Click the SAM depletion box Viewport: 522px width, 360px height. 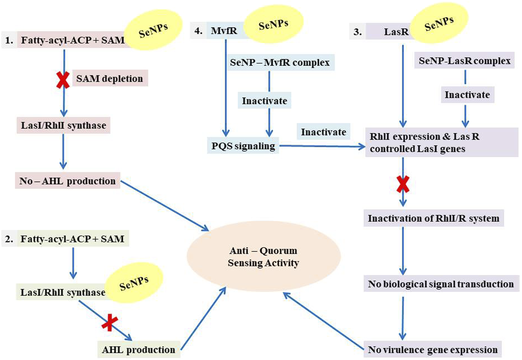pyautogui.click(x=110, y=78)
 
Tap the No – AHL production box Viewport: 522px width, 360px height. pyautogui.click(x=68, y=181)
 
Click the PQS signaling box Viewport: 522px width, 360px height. pyautogui.click(x=243, y=146)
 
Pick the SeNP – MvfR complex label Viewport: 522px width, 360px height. pyautogui.click(x=280, y=62)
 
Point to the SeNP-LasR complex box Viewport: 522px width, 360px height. pyautogui.click(x=464, y=61)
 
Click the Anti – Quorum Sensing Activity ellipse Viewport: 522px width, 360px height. pyautogui.click(x=264, y=257)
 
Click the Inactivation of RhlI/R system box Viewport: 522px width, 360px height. pyautogui.click(x=433, y=218)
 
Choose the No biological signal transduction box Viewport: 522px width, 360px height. pyautogui.click(x=441, y=284)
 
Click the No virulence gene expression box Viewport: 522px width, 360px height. pyautogui.click(x=432, y=349)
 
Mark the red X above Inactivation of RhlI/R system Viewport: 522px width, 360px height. pyautogui.click(x=403, y=184)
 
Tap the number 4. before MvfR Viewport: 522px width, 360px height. pyautogui.click(x=198, y=31)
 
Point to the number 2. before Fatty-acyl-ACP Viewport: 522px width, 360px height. pyautogui.click(x=9, y=239)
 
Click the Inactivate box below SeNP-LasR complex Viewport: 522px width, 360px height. pyautogui.click(x=467, y=95)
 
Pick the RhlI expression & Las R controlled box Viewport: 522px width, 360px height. pyautogui.click(x=441, y=142)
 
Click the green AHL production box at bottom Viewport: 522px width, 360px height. pyautogui.click(x=139, y=349)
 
